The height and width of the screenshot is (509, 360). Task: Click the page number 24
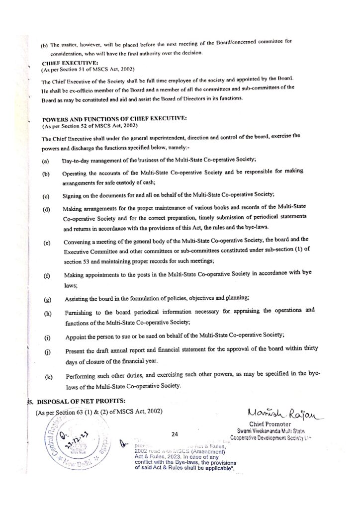175,434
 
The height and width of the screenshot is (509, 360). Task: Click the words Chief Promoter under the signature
270,424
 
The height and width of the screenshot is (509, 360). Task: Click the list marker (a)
45,161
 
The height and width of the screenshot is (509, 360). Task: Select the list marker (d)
46,209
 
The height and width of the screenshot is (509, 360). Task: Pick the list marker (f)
47,275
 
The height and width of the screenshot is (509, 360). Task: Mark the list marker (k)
49,377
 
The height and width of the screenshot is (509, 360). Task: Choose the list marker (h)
48,313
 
